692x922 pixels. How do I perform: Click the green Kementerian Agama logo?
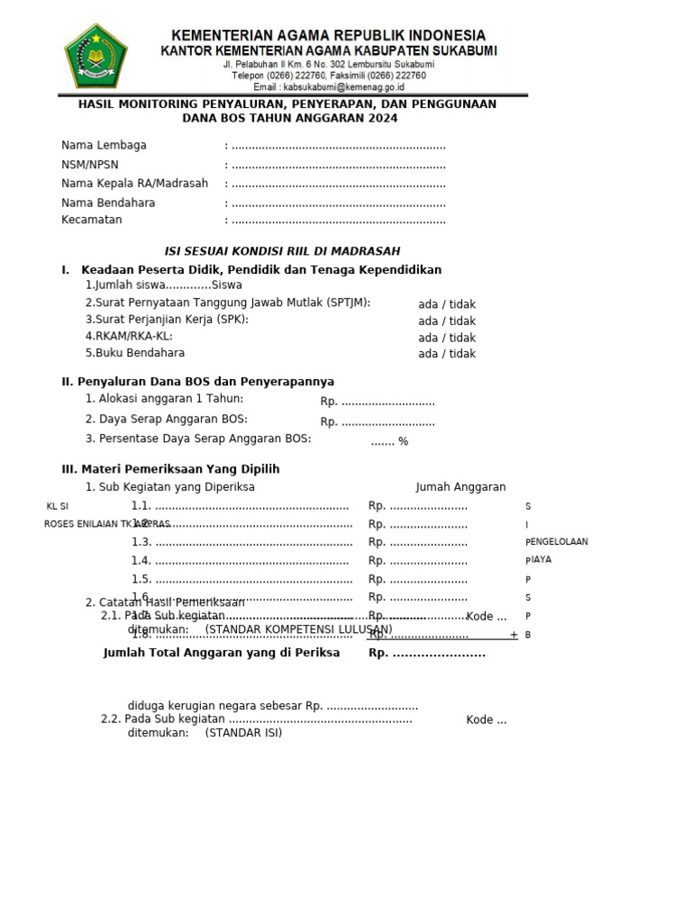pos(96,56)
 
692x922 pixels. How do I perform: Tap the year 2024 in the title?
pos(379,118)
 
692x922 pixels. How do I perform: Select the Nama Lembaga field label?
pos(104,145)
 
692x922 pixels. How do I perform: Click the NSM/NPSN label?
pos(90,165)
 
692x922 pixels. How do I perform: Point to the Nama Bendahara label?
pos(108,203)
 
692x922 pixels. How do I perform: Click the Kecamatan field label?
pos(92,220)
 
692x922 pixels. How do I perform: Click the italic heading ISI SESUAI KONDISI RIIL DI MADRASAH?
pos(281,251)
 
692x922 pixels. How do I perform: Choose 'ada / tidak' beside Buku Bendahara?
pos(447,354)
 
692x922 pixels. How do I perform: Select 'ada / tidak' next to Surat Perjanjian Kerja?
pos(447,321)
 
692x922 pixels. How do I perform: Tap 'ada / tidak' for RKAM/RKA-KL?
pos(447,338)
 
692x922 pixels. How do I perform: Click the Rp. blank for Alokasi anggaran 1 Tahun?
pos(378,402)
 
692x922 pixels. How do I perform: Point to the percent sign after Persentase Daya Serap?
pos(403,441)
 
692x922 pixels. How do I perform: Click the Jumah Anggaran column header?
pos(460,487)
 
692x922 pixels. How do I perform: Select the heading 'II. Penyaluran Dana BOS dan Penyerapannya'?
pos(197,382)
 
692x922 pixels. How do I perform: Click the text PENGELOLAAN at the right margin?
pos(557,542)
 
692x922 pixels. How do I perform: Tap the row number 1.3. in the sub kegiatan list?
pos(141,542)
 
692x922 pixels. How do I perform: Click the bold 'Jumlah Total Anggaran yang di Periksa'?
pos(222,653)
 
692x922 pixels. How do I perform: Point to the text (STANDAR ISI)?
pos(243,733)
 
